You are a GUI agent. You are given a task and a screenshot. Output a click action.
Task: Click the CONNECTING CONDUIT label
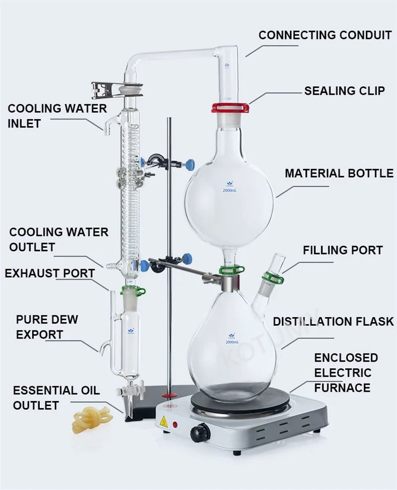[325, 35]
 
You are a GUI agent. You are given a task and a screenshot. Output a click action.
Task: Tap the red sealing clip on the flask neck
[230, 108]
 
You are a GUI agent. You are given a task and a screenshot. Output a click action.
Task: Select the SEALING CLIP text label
[344, 91]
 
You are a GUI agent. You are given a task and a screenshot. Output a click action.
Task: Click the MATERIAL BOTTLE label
[339, 173]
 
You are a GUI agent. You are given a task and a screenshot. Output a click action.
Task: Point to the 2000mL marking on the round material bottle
[229, 190]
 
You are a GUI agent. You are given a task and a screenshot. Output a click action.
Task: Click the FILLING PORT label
[342, 250]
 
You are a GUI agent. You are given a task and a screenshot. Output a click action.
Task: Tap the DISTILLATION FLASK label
[333, 321]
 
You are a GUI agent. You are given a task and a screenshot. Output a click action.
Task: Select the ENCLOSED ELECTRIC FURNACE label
[345, 372]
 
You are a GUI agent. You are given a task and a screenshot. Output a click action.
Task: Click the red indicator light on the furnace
[175, 425]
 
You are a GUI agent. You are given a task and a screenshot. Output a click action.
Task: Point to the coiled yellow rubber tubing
[92, 420]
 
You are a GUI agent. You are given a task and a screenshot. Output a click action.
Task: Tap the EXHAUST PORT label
[50, 273]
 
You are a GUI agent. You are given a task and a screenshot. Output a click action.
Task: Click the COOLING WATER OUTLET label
[59, 239]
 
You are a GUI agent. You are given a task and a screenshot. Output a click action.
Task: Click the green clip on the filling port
[273, 278]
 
